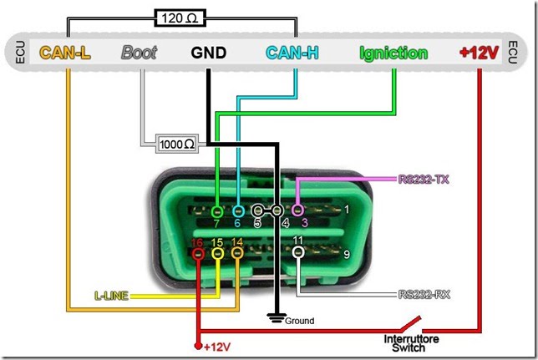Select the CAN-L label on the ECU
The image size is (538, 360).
65,53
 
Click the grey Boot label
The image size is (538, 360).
139,53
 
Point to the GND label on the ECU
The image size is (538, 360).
208,53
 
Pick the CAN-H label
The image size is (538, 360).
292,53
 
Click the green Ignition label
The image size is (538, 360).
393,53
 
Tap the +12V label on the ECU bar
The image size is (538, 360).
479,53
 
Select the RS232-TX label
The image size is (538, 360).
424,178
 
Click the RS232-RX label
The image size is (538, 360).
424,294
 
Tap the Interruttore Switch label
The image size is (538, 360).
406,342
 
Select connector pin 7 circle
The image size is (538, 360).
217,210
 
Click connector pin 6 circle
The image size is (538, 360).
237,210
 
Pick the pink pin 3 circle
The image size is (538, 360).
298,210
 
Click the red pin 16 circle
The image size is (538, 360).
198,253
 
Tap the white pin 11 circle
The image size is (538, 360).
298,252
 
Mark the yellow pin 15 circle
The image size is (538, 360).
217,253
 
